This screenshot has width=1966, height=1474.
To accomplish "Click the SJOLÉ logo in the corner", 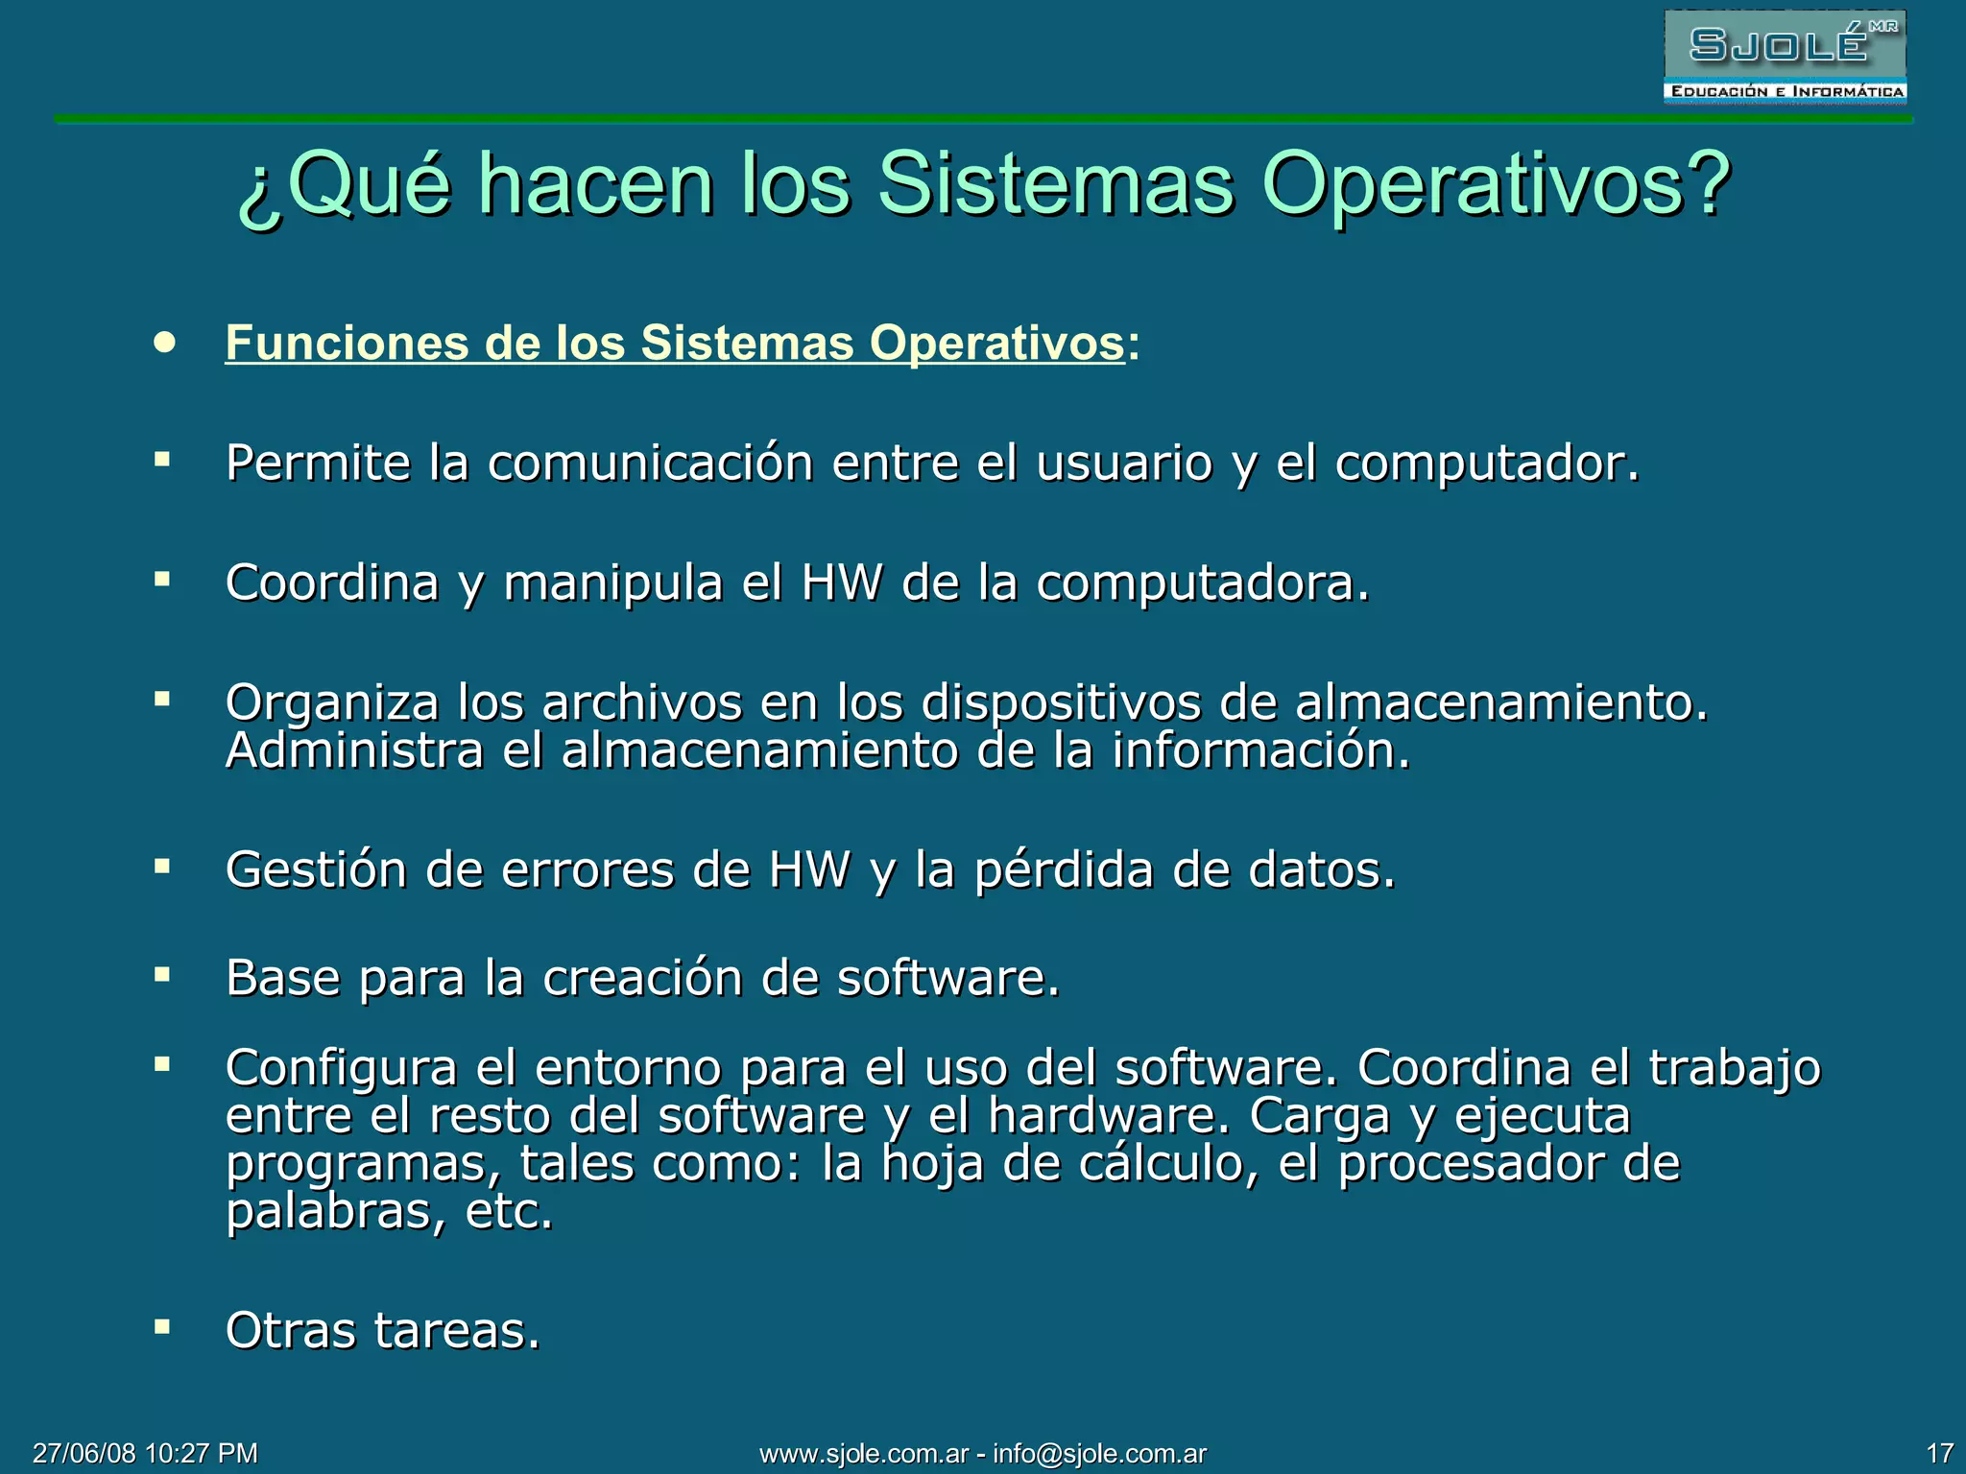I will point(1785,57).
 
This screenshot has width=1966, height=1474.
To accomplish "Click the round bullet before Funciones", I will point(165,343).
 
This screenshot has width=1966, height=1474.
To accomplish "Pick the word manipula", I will point(612,582).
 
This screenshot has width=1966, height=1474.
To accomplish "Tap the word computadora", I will point(1202,582).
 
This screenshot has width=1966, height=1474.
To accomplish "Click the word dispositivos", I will point(1061,702).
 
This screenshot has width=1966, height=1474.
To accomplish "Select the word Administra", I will point(354,750).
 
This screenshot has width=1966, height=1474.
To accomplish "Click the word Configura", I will point(341,1067).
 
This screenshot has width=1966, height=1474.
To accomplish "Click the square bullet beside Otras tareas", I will point(162,1327).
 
